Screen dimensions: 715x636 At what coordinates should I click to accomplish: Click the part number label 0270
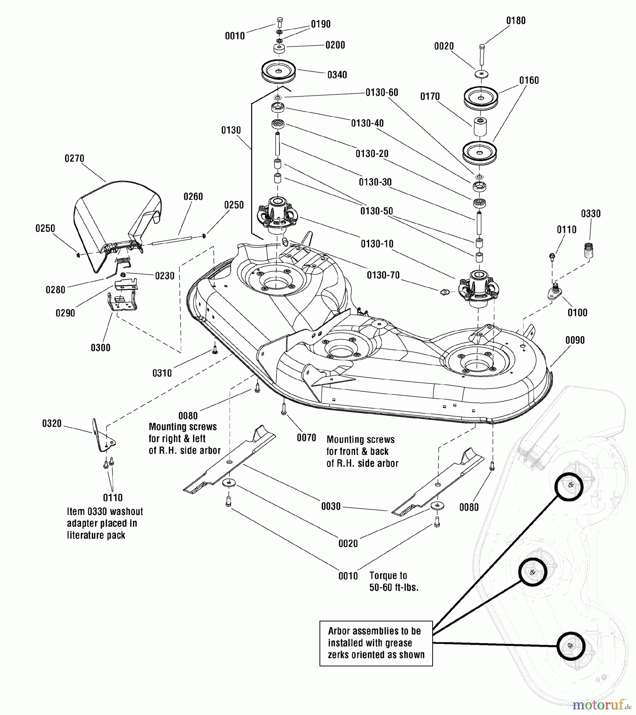click(x=74, y=158)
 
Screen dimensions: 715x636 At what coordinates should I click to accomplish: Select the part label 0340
click(x=337, y=75)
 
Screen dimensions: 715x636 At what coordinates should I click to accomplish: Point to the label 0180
click(x=516, y=21)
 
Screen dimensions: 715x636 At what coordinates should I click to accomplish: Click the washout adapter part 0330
click(x=588, y=251)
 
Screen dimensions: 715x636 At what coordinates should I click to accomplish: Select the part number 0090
click(x=575, y=340)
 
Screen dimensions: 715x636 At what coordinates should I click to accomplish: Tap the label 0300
click(x=101, y=348)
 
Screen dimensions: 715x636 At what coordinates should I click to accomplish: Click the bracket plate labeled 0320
click(x=102, y=437)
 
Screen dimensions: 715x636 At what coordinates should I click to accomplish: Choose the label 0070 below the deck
click(x=306, y=438)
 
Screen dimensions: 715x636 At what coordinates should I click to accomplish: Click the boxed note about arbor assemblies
click(x=376, y=643)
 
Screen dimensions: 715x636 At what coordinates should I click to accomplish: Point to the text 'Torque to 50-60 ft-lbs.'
click(x=394, y=582)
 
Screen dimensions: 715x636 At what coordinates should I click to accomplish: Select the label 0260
click(x=193, y=197)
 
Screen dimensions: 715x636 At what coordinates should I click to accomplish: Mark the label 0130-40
click(x=367, y=123)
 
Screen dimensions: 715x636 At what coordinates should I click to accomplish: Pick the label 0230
click(x=164, y=276)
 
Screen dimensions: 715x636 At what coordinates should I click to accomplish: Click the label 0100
click(x=577, y=313)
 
